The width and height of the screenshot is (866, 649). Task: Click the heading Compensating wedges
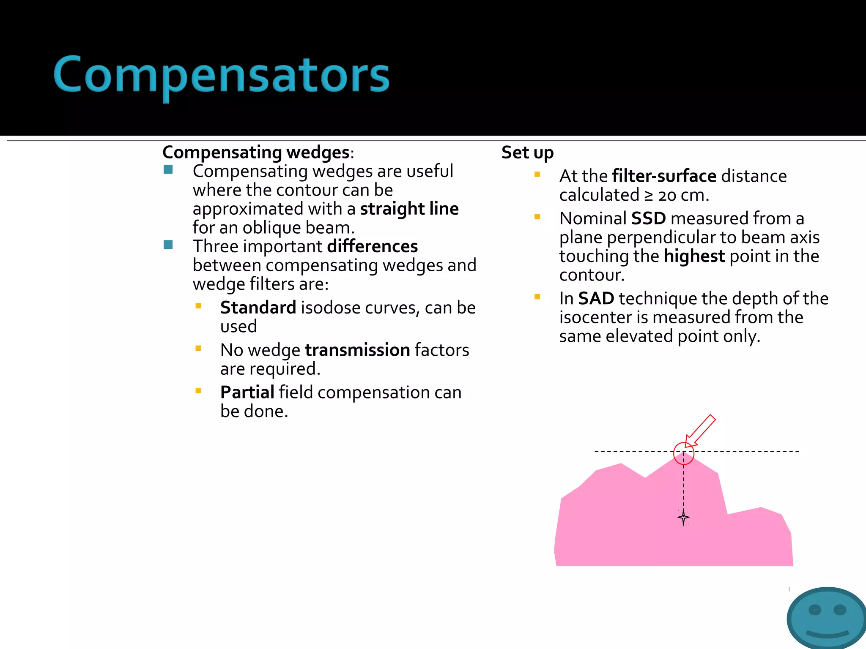click(256, 153)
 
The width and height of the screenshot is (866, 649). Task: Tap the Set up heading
click(527, 153)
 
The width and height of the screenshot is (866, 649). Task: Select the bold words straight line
click(409, 209)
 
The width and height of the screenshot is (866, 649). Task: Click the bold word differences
click(372, 247)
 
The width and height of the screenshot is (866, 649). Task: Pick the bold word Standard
click(258, 308)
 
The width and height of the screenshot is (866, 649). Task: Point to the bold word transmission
click(357, 350)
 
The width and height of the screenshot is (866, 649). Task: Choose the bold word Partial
click(247, 393)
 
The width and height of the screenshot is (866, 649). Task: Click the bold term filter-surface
click(664, 176)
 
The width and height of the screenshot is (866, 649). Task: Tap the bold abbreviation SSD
click(648, 218)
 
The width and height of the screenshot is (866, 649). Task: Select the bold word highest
click(694, 256)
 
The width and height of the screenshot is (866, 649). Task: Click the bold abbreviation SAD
click(596, 299)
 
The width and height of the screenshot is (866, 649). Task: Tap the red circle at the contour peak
click(684, 453)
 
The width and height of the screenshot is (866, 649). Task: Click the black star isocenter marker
click(683, 517)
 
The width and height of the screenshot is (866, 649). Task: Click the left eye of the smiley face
click(814, 610)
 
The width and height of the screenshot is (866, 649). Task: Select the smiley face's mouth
click(827, 634)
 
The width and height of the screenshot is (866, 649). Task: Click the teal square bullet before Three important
click(168, 245)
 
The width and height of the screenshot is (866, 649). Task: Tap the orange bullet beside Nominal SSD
click(537, 217)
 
